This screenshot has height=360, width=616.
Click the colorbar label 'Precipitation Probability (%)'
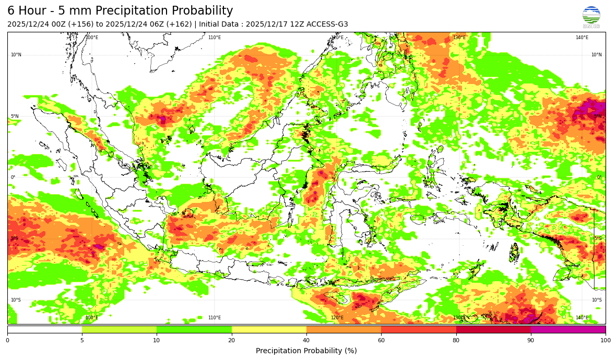coord(306,351)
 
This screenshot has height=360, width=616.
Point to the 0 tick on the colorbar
coord(7,341)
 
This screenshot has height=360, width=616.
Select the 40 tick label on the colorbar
coord(306,341)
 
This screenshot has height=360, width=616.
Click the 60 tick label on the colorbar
coord(381,341)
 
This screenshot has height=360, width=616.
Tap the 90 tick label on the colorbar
coord(531,341)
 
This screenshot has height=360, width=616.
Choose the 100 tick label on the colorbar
coord(605,341)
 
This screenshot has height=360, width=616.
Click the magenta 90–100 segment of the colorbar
coord(568,330)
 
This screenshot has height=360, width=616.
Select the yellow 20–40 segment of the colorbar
coord(269,330)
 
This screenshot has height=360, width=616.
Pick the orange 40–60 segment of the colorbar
coord(343,330)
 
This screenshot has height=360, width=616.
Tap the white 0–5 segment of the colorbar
coord(44,330)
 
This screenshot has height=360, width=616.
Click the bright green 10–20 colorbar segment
coord(194,330)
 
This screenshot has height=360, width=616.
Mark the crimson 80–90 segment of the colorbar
coord(493,330)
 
